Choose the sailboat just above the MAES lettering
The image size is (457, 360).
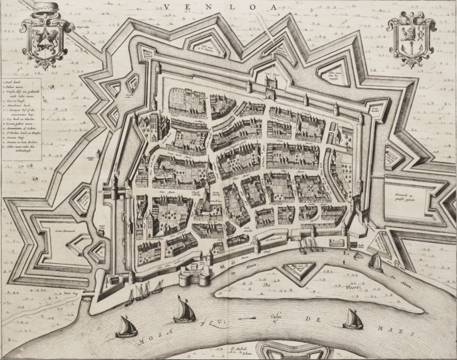[x=353, y=319]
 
